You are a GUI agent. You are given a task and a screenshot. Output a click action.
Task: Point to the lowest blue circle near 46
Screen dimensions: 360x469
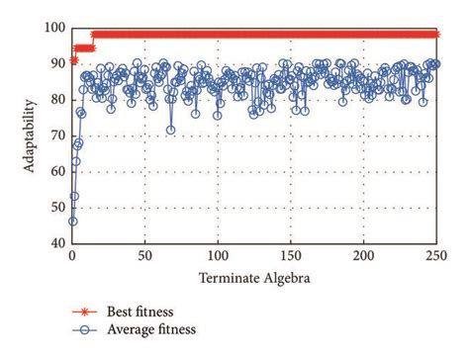[x=72, y=221]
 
